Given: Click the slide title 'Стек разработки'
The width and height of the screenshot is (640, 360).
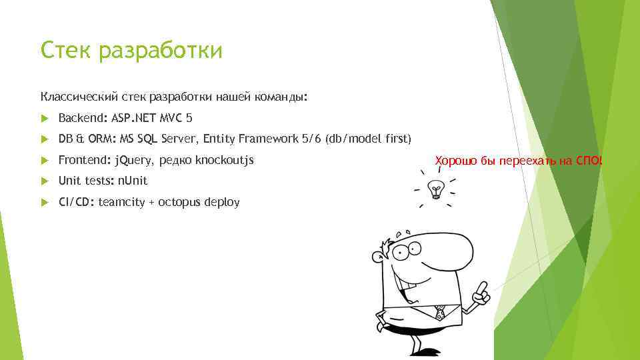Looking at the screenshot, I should coord(131,50).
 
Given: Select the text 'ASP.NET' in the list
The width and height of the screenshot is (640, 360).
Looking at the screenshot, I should coord(133,118).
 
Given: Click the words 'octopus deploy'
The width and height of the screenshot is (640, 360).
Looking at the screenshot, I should coord(199,202).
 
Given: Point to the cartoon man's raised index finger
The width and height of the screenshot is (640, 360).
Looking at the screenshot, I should coord(483,288).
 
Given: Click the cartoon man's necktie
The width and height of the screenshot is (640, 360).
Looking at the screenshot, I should coord(439,312).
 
